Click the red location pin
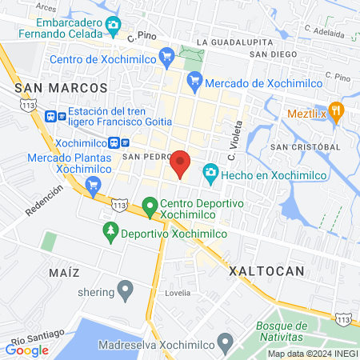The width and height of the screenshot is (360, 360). coord(181,163)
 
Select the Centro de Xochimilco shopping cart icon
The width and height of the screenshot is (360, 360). coord(166,56)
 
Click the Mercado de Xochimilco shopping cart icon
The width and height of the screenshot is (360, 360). coord(193,80)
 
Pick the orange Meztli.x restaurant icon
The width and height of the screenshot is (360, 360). coord(337,111)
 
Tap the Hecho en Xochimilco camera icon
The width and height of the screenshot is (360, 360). coord(210,172)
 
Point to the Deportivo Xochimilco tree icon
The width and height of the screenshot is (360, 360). coord(110,233)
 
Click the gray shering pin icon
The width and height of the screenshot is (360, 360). coord(125,288)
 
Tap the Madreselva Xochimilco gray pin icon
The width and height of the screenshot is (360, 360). coord(225,345)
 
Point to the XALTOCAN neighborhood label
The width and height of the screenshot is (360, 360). coord(266,271)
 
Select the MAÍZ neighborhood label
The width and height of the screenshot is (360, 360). coord(64,273)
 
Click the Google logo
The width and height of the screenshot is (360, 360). coord(27,350)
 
